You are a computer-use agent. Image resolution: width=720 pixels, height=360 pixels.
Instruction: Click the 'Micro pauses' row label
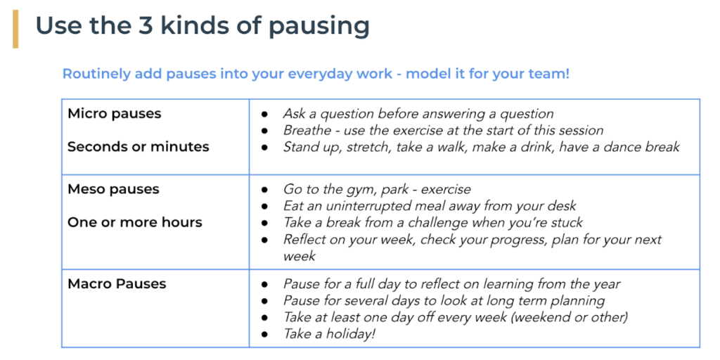click(x=114, y=114)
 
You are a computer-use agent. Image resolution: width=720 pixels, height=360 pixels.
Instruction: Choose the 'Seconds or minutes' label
click(x=138, y=147)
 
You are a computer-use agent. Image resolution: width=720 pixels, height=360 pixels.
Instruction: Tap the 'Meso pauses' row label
click(x=113, y=189)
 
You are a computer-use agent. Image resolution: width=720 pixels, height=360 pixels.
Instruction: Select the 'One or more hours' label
click(x=134, y=222)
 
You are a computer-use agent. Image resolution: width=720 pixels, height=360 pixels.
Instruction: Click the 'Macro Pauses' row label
click(x=117, y=284)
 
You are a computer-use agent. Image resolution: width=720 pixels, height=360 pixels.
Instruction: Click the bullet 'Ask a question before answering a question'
click(x=418, y=114)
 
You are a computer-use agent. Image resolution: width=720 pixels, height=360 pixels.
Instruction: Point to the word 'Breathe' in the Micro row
click(x=305, y=131)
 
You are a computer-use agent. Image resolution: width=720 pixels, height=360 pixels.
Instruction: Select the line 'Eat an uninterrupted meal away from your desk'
click(x=429, y=206)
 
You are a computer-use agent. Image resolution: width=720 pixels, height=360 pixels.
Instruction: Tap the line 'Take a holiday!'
click(x=329, y=335)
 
